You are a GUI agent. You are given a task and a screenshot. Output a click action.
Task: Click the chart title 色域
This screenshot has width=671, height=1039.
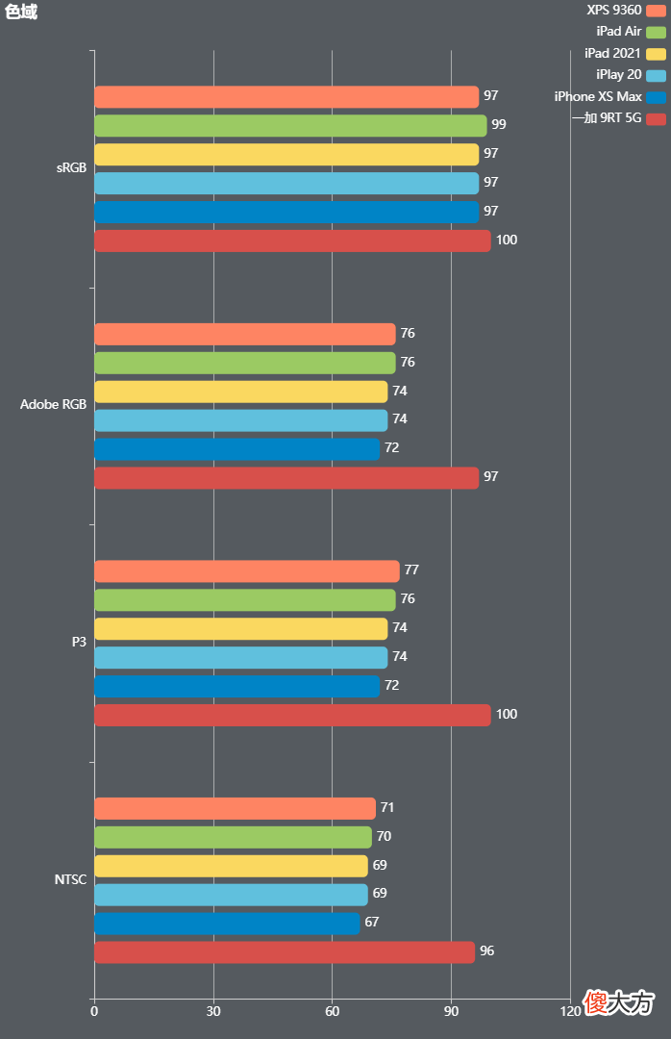(21, 12)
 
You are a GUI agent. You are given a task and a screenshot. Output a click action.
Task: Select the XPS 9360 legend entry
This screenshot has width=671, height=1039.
(626, 10)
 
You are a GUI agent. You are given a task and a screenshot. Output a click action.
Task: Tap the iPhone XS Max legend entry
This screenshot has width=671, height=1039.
(610, 97)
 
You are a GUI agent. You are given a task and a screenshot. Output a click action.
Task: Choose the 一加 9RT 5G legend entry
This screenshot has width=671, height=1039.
(619, 118)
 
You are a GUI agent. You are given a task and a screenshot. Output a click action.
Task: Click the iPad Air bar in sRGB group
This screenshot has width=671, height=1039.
(290, 126)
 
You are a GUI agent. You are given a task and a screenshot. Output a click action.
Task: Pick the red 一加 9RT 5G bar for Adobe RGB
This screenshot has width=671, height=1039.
(286, 478)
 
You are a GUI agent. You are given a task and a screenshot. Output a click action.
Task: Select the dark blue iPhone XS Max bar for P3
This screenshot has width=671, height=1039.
(236, 687)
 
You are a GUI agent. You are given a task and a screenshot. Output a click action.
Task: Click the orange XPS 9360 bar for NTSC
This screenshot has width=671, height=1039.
(235, 808)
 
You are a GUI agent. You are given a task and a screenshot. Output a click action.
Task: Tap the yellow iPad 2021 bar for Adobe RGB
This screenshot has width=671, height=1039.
(240, 392)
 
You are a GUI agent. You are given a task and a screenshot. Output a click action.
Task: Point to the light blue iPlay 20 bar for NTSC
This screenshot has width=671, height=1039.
(231, 895)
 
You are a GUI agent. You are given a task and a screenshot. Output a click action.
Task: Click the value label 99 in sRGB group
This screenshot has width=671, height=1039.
(499, 124)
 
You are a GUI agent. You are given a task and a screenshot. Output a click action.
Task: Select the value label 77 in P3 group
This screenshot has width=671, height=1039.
(411, 570)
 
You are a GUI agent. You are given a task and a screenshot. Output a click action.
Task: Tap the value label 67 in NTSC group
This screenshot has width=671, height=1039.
(372, 922)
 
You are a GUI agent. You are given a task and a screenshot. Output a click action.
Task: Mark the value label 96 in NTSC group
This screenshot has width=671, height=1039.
(486, 950)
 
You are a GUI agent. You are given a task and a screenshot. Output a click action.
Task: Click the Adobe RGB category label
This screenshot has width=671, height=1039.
(53, 404)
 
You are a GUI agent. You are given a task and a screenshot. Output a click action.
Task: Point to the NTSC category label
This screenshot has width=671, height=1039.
(70, 879)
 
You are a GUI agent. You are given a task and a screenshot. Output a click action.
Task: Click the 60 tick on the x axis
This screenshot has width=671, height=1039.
(332, 1011)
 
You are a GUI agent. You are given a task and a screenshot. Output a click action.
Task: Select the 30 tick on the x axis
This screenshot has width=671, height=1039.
(213, 1011)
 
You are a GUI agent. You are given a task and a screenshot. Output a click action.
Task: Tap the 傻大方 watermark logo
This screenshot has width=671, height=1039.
(619, 1002)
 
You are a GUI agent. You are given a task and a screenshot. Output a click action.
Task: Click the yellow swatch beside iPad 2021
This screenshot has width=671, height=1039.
(656, 54)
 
